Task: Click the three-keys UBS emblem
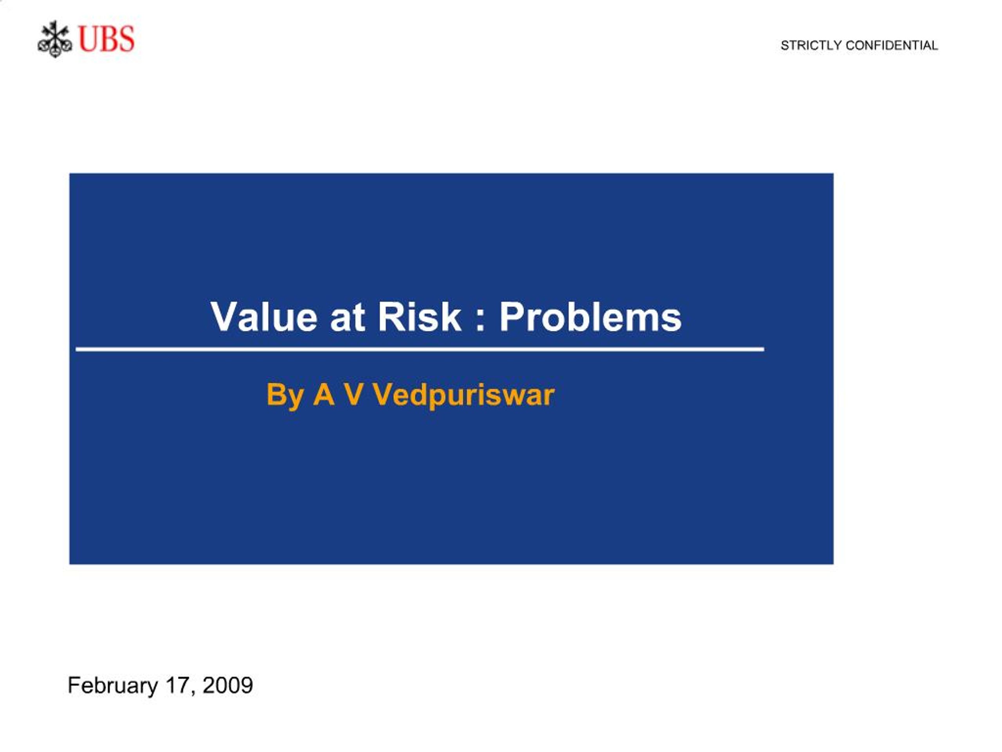point(55,39)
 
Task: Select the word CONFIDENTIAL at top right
point(892,45)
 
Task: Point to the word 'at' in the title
point(348,318)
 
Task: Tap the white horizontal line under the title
point(420,349)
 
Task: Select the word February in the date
point(113,685)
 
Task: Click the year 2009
point(228,685)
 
